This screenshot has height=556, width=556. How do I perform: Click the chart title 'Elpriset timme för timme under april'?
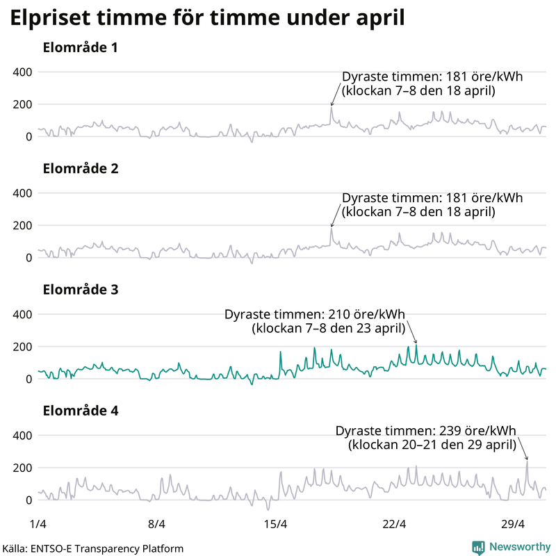[207, 18]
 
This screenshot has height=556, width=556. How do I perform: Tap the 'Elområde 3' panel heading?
[80, 290]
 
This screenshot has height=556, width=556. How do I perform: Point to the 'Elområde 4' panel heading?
[80, 411]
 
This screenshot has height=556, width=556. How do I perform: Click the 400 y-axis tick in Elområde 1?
[23, 72]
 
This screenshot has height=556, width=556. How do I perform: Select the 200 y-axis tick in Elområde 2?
[23, 225]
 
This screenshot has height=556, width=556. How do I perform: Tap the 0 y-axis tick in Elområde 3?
[28, 379]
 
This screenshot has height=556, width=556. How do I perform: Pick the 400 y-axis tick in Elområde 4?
[23, 435]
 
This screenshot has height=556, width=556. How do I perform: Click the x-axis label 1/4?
[38, 523]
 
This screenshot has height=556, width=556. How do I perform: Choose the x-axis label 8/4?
[157, 523]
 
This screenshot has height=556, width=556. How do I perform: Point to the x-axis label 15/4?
[276, 523]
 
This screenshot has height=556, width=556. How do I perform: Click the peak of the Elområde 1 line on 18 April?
[332, 107]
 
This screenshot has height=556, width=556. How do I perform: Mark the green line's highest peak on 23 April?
[416, 345]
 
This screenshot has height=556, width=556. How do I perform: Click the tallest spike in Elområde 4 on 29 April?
[527, 461]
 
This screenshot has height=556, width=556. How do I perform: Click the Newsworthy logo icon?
[478, 547]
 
